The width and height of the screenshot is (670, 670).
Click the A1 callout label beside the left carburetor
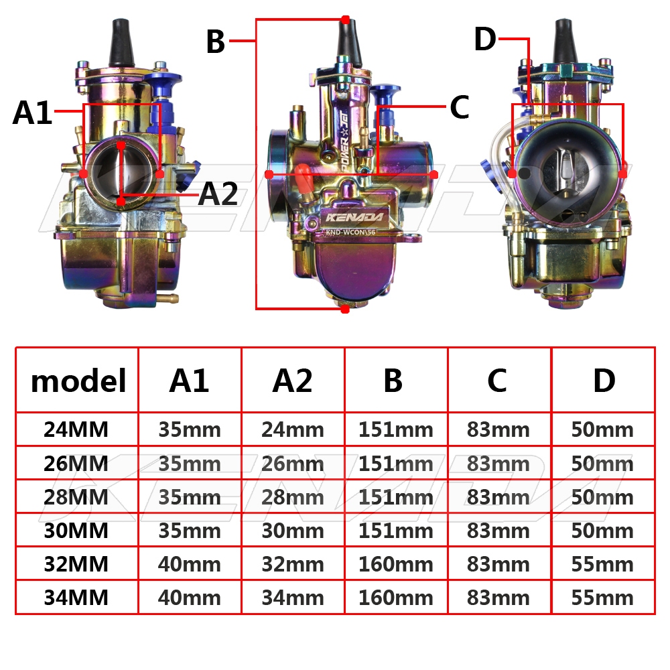[32, 113]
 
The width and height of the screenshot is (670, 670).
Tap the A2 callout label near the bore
[218, 194]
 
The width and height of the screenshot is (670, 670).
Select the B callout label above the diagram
[215, 42]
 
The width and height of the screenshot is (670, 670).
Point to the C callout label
[460, 107]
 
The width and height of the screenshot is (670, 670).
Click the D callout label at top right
[485, 39]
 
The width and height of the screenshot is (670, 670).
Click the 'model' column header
[78, 381]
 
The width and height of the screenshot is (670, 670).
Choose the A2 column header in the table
[293, 381]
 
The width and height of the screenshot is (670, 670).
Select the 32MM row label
[76, 564]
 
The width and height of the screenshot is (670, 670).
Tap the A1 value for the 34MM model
[190, 598]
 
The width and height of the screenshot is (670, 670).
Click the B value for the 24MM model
[396, 429]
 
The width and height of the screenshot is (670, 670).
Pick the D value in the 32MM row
[602, 564]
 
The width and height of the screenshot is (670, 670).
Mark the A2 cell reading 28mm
[293, 497]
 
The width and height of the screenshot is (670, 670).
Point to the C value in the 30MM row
[498, 531]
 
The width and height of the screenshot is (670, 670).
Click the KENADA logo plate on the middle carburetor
[354, 217]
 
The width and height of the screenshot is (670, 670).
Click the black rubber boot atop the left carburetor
[121, 43]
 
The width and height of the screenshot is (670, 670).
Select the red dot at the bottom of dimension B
[345, 309]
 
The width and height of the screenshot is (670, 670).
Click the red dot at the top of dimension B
[345, 19]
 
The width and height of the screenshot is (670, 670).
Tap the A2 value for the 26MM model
[293, 464]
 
